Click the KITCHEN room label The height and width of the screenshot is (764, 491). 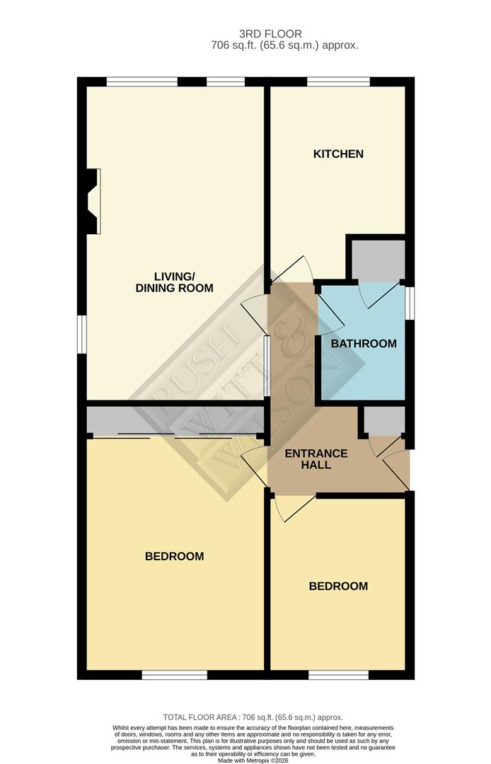338,154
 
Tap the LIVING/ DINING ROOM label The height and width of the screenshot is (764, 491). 175,282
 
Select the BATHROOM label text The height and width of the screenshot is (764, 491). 364,344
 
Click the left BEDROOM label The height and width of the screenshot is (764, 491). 174,556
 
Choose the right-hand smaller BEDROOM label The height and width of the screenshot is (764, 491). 338,586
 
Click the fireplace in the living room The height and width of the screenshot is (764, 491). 92,200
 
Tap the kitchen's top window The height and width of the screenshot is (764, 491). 338,82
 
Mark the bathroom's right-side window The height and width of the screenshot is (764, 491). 410,303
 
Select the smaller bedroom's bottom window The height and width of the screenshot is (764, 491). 338,675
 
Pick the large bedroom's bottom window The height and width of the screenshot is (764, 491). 174,675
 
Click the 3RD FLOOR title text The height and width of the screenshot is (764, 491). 270,33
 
